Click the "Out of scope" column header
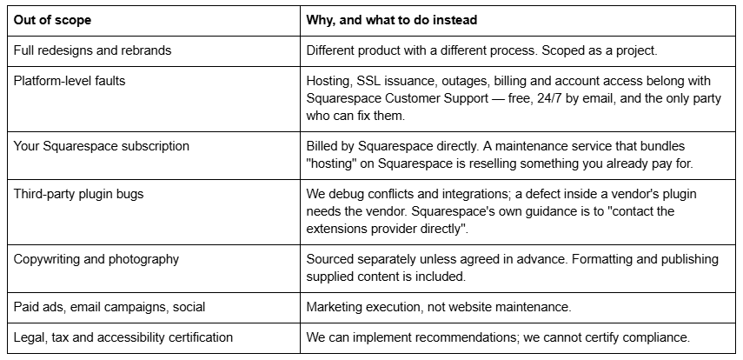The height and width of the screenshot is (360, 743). coord(52,20)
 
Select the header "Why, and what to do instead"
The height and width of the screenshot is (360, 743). coord(391,20)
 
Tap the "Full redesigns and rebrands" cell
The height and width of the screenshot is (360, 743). coord(92,50)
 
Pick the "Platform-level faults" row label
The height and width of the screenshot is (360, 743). coord(70,81)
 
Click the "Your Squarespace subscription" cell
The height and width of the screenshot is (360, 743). coord(101,146)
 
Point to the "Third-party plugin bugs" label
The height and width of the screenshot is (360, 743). coord(78,194)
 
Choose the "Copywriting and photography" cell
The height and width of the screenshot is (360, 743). coord(96,259)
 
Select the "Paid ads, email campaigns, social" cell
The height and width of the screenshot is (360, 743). coord(109,307)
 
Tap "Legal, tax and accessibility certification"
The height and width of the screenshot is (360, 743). coord(123,337)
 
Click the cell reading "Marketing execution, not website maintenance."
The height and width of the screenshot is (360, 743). coord(439,307)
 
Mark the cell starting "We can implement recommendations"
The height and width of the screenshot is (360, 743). coord(498,337)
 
